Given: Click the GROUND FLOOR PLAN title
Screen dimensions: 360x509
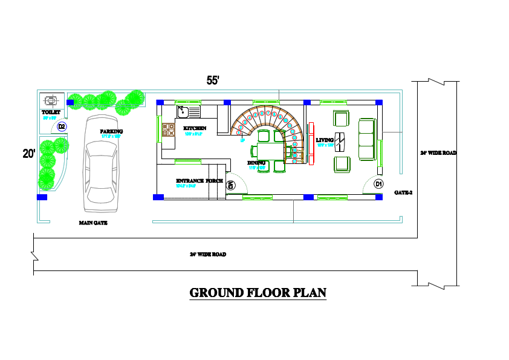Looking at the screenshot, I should (x=258, y=293).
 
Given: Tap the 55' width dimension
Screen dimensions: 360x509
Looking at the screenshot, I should (x=213, y=80).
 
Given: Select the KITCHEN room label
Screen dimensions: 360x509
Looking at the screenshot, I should (x=195, y=128).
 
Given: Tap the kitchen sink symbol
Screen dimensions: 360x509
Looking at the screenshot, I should (x=189, y=111).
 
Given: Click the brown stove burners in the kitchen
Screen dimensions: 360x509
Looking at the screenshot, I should (x=167, y=129).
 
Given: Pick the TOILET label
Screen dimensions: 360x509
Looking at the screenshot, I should (x=51, y=112).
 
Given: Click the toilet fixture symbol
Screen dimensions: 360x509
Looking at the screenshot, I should (x=51, y=100).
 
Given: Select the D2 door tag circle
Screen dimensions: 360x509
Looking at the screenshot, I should (x=62, y=126).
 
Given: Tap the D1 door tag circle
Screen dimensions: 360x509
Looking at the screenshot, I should (x=378, y=183).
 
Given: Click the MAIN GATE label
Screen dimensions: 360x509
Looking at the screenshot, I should (x=93, y=223).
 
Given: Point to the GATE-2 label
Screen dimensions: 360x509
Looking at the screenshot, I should (x=403, y=192).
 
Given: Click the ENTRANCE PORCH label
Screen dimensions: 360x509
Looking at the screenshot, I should (x=199, y=181).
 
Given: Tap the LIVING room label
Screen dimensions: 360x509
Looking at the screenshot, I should (x=325, y=140).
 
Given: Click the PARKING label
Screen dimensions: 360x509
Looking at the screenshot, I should (x=111, y=131).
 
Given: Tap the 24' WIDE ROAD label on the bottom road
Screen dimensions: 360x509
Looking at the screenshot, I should (x=207, y=255).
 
